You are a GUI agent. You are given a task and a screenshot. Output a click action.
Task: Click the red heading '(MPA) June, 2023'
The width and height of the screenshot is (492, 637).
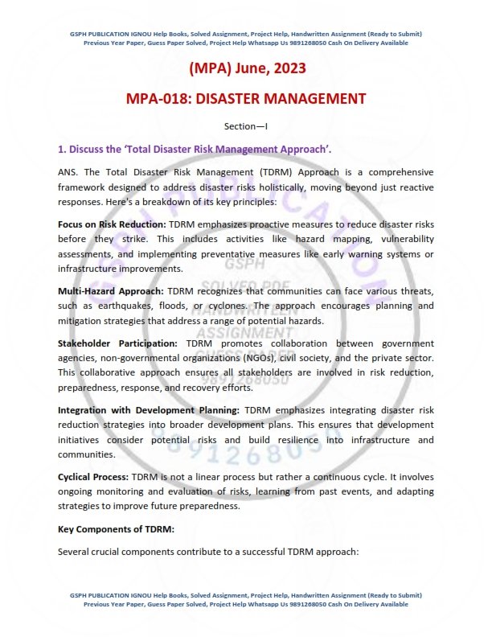click(245, 69)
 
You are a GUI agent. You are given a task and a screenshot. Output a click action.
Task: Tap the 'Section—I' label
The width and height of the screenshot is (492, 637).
click(245, 126)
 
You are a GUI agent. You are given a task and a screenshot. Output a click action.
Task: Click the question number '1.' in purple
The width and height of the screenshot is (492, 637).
click(62, 150)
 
